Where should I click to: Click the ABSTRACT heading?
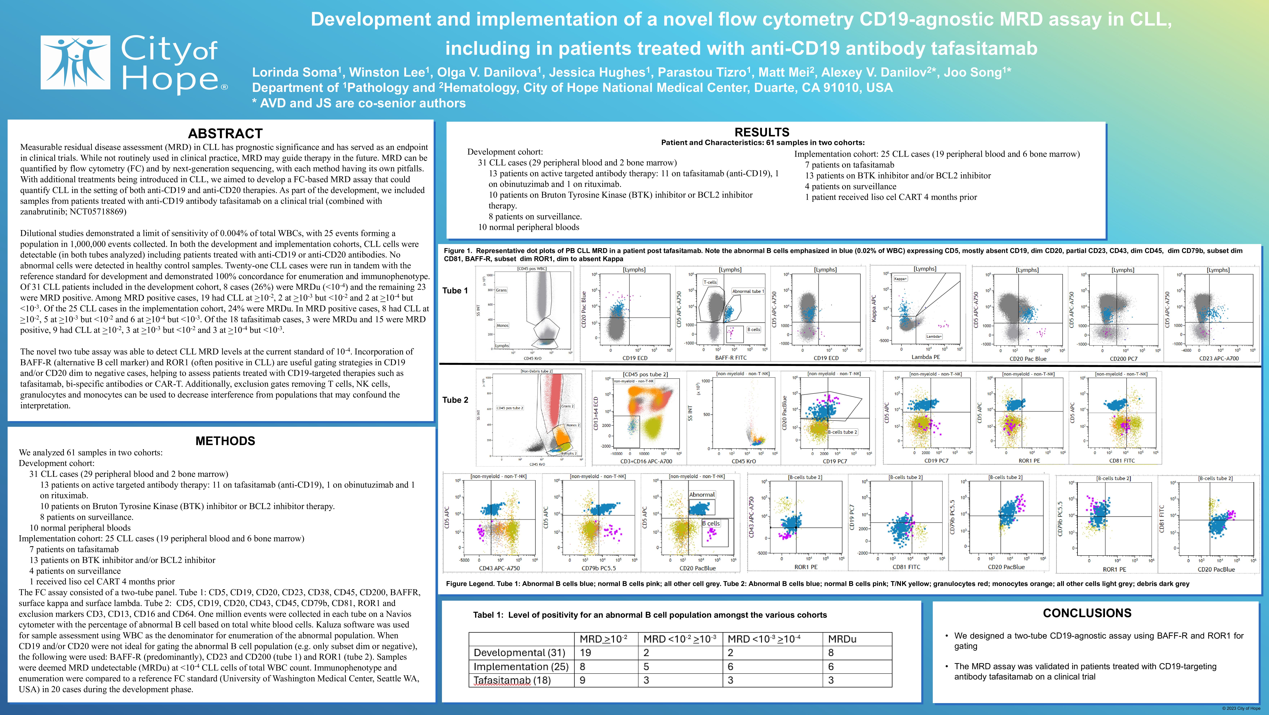click(x=225, y=134)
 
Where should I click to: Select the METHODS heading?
click(x=225, y=441)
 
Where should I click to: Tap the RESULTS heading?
click(x=762, y=132)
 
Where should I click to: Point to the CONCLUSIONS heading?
click(x=1087, y=613)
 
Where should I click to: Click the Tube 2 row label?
click(x=455, y=400)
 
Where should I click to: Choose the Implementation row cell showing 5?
click(x=646, y=666)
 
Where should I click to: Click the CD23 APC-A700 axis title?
click(x=1218, y=358)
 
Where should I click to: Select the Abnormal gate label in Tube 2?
click(x=702, y=494)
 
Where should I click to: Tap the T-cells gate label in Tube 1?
click(x=710, y=282)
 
